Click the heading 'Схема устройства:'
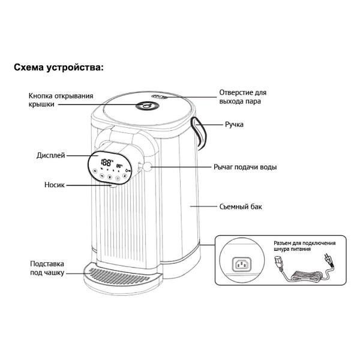pos(59,68)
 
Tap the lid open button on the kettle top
pos(147,106)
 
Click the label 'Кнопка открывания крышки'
pos(61,100)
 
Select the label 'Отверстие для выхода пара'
pos(242,97)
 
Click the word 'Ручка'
pos(234,124)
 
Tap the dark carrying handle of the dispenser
pos(200,133)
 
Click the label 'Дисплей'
pos(51,155)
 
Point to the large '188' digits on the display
pos(106,163)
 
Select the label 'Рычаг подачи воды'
pos(245,167)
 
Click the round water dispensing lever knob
pos(147,167)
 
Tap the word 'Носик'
pos(55,185)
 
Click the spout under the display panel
pos(113,185)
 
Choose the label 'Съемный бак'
pos(241,206)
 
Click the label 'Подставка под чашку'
pos(47,268)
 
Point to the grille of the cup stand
pos(119,275)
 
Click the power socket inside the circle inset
pos(242,264)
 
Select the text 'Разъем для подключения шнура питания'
pos(304,246)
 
